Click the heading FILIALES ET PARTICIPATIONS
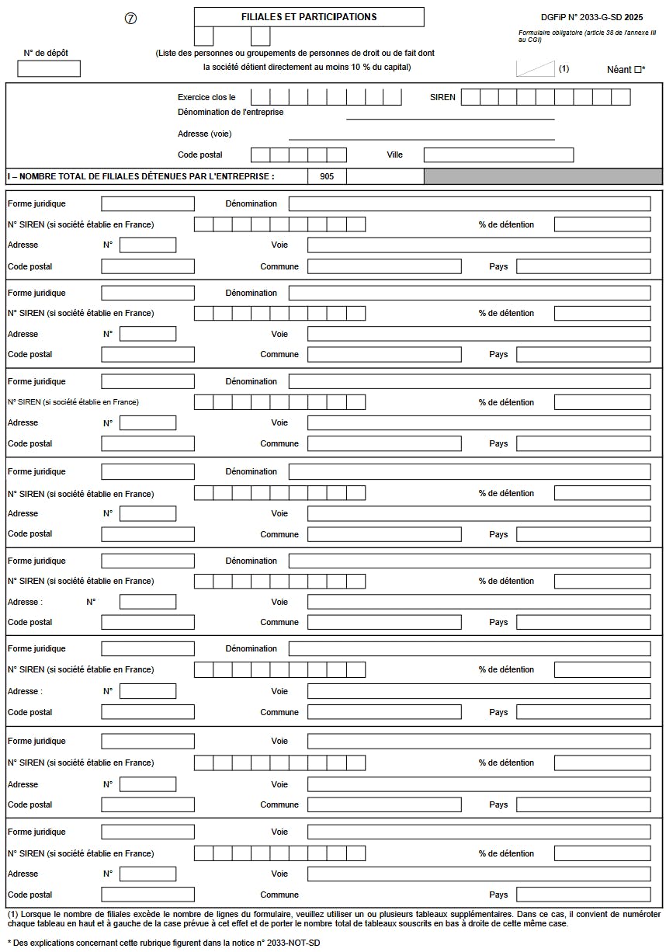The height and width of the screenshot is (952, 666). click(x=309, y=17)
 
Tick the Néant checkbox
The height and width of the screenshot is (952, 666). click(x=637, y=70)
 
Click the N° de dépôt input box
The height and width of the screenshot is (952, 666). click(x=49, y=68)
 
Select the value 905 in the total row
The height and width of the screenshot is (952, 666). click(x=327, y=176)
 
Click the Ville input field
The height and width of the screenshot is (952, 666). click(x=498, y=155)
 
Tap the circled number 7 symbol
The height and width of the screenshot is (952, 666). click(x=130, y=19)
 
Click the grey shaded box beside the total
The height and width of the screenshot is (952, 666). click(x=541, y=176)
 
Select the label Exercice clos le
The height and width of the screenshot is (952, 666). click(x=206, y=97)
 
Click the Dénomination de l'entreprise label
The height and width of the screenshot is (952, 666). click(x=231, y=112)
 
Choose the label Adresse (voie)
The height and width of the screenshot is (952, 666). click(x=205, y=134)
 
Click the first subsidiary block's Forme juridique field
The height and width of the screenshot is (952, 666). click(x=147, y=203)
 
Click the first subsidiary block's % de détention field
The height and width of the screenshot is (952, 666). click(x=602, y=224)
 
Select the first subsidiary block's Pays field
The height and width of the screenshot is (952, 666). click(x=583, y=266)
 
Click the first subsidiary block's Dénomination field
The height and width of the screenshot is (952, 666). click(x=470, y=203)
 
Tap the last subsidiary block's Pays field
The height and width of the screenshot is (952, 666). click(x=583, y=895)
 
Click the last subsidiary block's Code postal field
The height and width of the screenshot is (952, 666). click(x=147, y=895)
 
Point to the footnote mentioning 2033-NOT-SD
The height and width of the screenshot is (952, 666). click(x=163, y=943)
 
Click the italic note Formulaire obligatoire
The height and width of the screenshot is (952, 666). click(x=587, y=36)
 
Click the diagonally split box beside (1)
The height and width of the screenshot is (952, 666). click(x=536, y=68)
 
